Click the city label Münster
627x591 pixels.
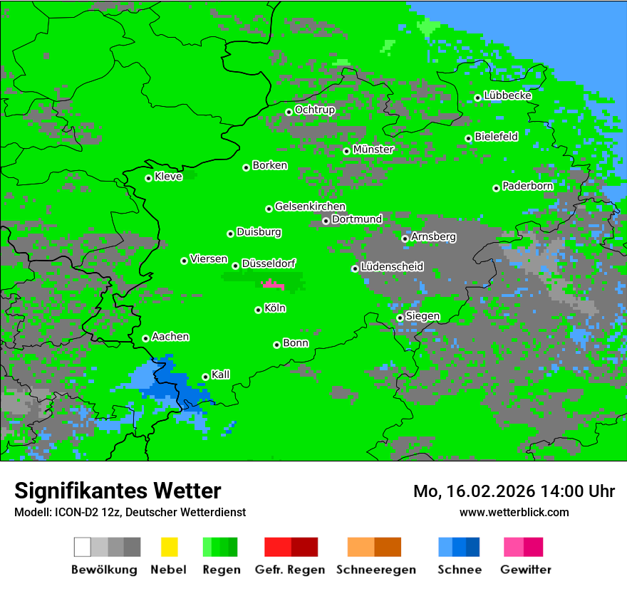[x=373, y=150]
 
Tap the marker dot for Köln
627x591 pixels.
[x=258, y=310]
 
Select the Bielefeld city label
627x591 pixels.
[x=496, y=136]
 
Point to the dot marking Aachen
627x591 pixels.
[x=145, y=338]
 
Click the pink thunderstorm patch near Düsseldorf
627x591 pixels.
[x=273, y=285]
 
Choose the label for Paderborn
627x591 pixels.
[x=527, y=186]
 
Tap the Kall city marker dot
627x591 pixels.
[x=205, y=377]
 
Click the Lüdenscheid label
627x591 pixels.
[x=392, y=267]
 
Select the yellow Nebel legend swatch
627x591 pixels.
[x=169, y=547]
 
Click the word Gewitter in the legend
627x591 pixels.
[x=526, y=570]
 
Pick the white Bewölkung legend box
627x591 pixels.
[x=83, y=547]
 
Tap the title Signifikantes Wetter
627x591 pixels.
[x=118, y=491]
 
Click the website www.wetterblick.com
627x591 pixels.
[x=514, y=512]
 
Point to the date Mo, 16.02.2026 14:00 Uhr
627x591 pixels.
[x=514, y=491]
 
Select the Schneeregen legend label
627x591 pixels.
[x=375, y=570]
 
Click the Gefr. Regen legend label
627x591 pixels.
[x=290, y=570]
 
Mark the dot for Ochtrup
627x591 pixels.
[x=289, y=112]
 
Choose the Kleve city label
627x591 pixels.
[x=168, y=177]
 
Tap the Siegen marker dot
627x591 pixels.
[x=400, y=318]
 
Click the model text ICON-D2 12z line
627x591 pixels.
[x=130, y=512]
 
